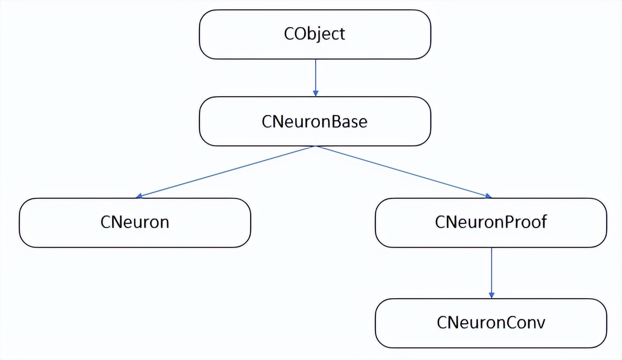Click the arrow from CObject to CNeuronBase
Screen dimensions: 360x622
point(315,76)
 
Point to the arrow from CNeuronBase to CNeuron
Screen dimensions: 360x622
point(225,172)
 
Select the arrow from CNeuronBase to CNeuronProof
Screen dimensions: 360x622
point(403,172)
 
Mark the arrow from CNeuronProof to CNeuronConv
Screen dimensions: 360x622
point(491,272)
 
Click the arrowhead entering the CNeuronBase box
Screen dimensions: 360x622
point(315,93)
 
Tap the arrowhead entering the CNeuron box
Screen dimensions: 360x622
point(139,196)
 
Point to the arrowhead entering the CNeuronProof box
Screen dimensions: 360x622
point(488,196)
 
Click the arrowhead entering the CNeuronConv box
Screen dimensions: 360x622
point(491,295)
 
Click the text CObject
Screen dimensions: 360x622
point(315,34)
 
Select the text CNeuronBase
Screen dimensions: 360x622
point(314,121)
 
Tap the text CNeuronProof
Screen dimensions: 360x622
point(491,222)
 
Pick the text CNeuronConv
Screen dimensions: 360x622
point(491,322)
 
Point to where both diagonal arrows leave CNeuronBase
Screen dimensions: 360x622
point(315,146)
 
